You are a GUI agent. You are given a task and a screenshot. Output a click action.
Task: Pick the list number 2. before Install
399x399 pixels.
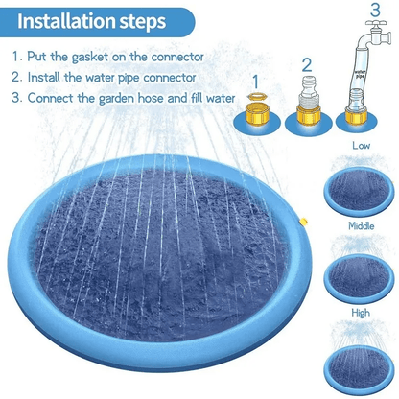17,77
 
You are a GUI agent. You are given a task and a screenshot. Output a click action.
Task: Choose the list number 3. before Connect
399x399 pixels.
17,97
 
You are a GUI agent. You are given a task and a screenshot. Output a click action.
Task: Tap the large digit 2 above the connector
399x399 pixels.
306,64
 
